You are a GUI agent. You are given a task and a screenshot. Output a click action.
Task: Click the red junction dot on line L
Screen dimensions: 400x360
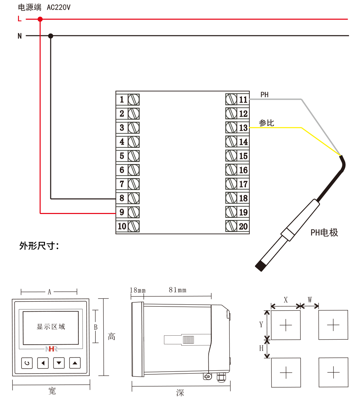[x=40, y=19]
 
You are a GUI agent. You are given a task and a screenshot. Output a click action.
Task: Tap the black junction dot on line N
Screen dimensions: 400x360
[x=51, y=36]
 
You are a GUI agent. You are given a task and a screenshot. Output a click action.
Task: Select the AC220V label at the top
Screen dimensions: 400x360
[x=59, y=7]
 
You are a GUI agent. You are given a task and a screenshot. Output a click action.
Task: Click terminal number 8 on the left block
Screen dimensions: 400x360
[x=122, y=198]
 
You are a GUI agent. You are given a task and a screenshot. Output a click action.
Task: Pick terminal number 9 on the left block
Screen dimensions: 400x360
[x=122, y=212]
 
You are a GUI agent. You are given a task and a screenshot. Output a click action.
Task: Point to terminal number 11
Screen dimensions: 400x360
[x=243, y=99]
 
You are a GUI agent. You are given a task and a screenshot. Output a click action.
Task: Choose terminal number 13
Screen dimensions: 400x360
[x=243, y=128]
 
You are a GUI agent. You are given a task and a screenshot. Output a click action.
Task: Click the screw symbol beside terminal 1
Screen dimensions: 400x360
[x=134, y=99]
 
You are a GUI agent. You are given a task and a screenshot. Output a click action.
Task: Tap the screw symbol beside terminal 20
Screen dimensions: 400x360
[x=231, y=226]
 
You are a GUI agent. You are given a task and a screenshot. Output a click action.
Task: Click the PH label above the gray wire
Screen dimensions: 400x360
[x=264, y=95]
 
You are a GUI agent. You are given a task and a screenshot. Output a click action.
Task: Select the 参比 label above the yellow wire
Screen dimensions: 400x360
[x=266, y=123]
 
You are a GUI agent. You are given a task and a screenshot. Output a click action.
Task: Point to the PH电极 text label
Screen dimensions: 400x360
[x=324, y=232]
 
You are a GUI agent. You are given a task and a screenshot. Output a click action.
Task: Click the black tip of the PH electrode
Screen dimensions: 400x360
[x=260, y=266]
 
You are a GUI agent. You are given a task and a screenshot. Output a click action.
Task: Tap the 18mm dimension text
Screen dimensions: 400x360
[x=138, y=290]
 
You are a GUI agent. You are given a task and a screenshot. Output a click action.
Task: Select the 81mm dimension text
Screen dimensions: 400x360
[x=177, y=290]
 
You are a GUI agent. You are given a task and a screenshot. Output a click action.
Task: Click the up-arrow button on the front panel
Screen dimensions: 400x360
[x=75, y=363]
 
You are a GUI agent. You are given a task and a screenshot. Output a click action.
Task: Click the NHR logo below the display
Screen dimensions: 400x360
[x=51, y=349]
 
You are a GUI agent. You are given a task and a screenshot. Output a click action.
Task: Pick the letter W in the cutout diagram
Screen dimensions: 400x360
[x=310, y=300]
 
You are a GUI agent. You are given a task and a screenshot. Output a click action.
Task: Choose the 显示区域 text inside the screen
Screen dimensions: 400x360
[x=51, y=327]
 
